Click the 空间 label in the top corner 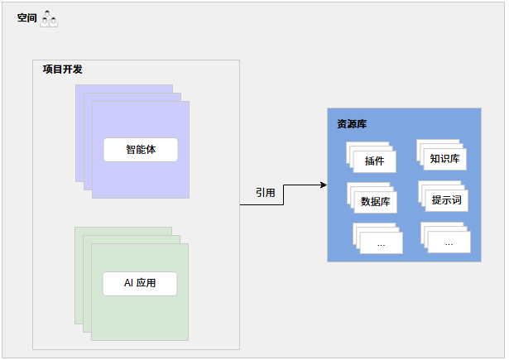(27, 18)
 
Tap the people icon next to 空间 (49, 18)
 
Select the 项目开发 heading (63, 70)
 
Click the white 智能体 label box (141, 150)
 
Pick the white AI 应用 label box (140, 284)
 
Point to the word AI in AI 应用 (128, 284)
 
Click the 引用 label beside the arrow (265, 192)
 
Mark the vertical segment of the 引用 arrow (284, 194)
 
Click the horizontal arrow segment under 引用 (262, 204)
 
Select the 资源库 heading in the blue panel (352, 124)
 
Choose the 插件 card (374, 161)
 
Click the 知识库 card (444, 158)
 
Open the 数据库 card (376, 201)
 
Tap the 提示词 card (446, 200)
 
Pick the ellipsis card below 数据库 (381, 243)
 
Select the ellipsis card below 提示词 (449, 242)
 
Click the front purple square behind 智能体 (141, 178)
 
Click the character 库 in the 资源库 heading (363, 124)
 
